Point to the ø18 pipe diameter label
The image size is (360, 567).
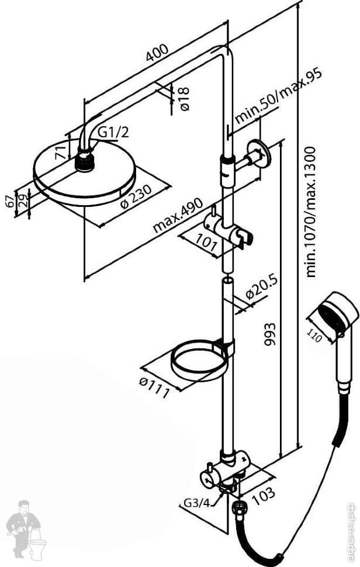pyautogui.click(x=184, y=99)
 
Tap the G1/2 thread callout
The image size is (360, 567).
pyautogui.click(x=113, y=133)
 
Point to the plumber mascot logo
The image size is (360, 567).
pyautogui.click(x=26, y=528)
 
